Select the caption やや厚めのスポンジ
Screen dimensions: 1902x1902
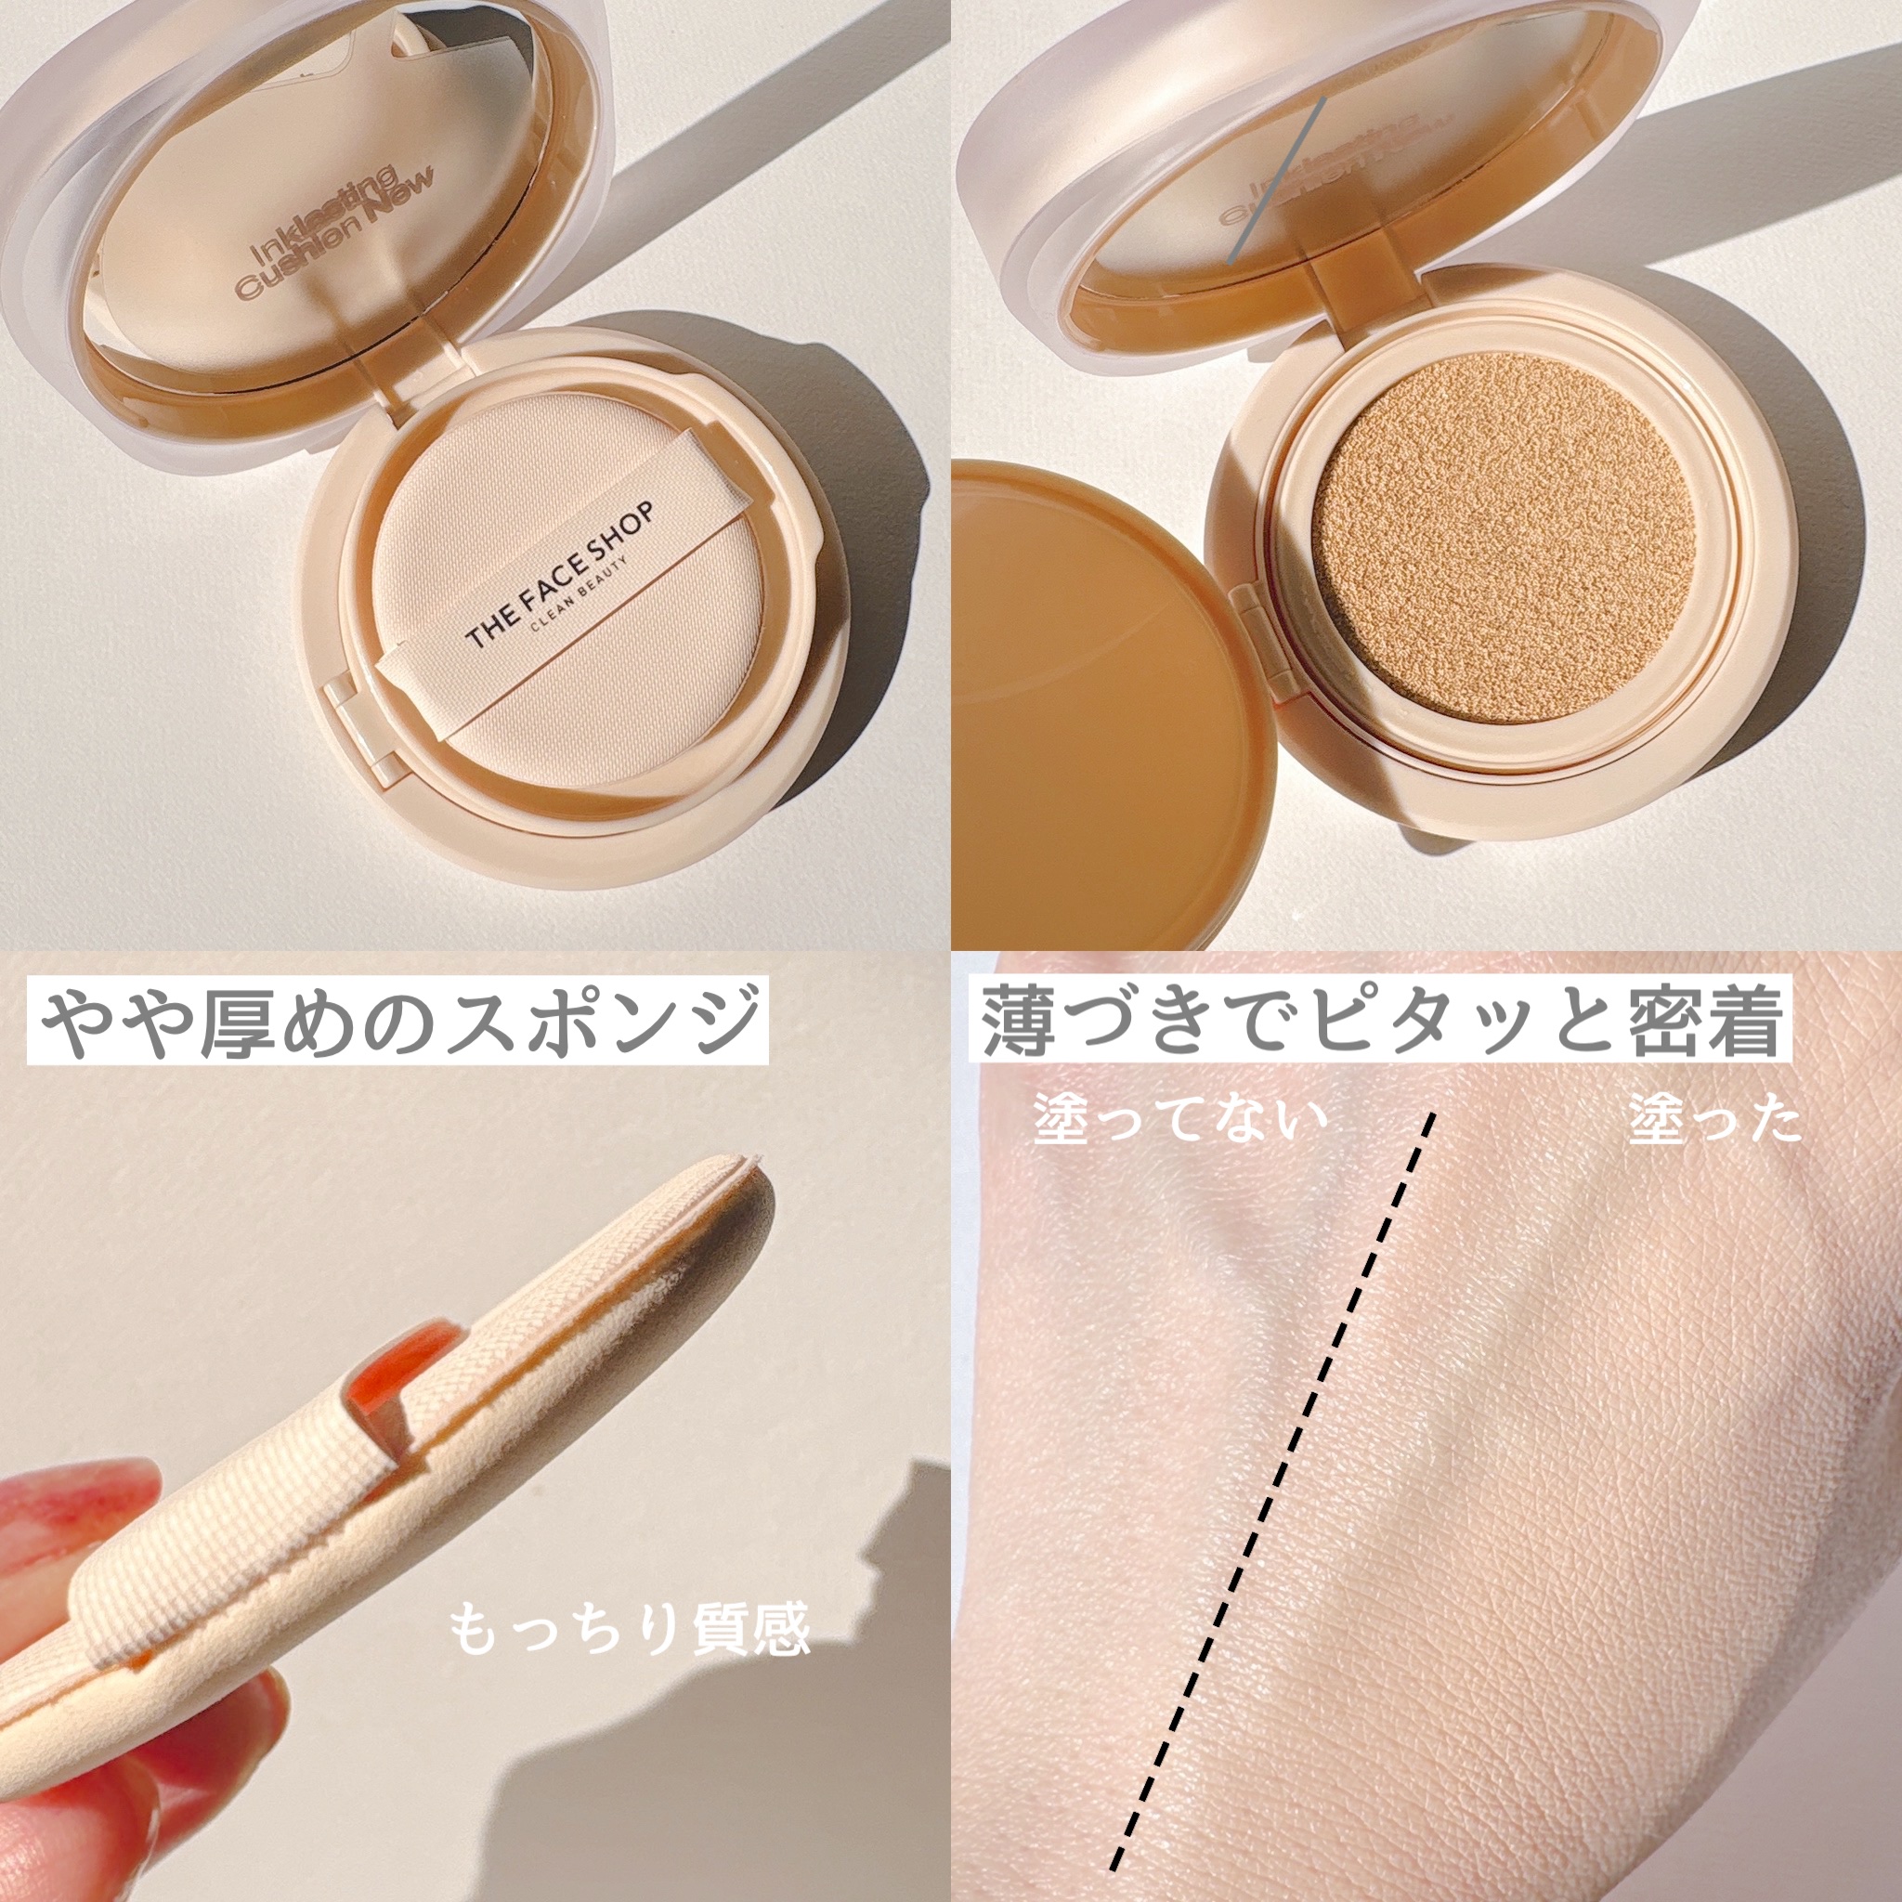(x=398, y=1023)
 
